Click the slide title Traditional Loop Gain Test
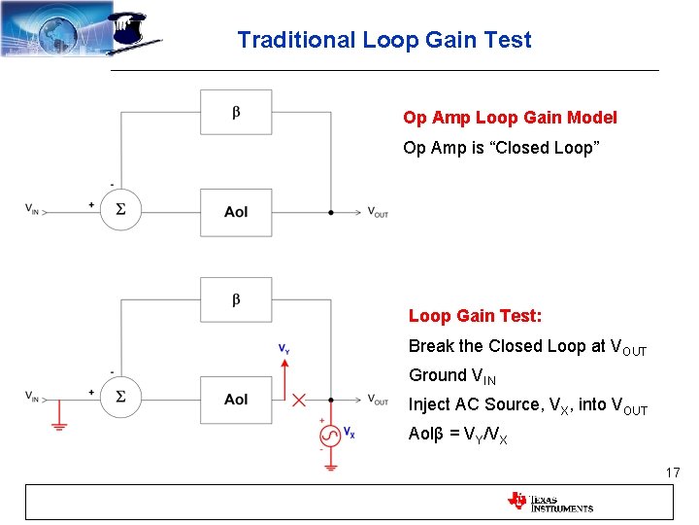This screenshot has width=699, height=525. pos(383,40)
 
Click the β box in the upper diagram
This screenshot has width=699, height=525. pos(236,112)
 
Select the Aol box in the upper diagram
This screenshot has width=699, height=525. pos(236,212)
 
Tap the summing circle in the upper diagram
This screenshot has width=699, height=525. pos(120,209)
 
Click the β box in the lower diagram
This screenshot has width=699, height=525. pos(236,299)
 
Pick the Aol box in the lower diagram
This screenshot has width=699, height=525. pos(236,400)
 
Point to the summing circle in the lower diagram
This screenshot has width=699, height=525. pos(120,397)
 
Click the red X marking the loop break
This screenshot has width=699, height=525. pos(299,400)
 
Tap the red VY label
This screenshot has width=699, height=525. pos(283,348)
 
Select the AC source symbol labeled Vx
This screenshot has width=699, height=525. pos(330,434)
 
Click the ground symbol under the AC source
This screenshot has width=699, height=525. pos(330,466)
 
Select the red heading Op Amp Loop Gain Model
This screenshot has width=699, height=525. pos(510,118)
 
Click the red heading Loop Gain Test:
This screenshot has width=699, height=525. pos(475,316)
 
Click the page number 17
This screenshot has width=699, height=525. pos(673,472)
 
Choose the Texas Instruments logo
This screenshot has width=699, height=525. pos(549,502)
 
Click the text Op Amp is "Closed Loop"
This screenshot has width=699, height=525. pos(501,148)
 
